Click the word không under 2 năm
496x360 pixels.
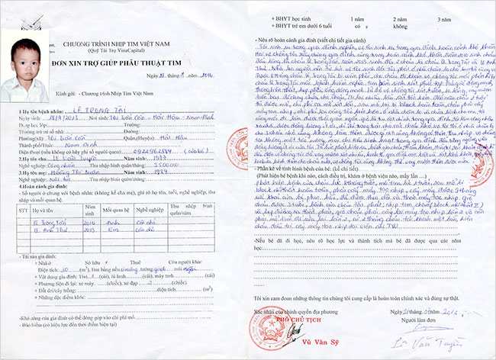coord(398,24)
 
